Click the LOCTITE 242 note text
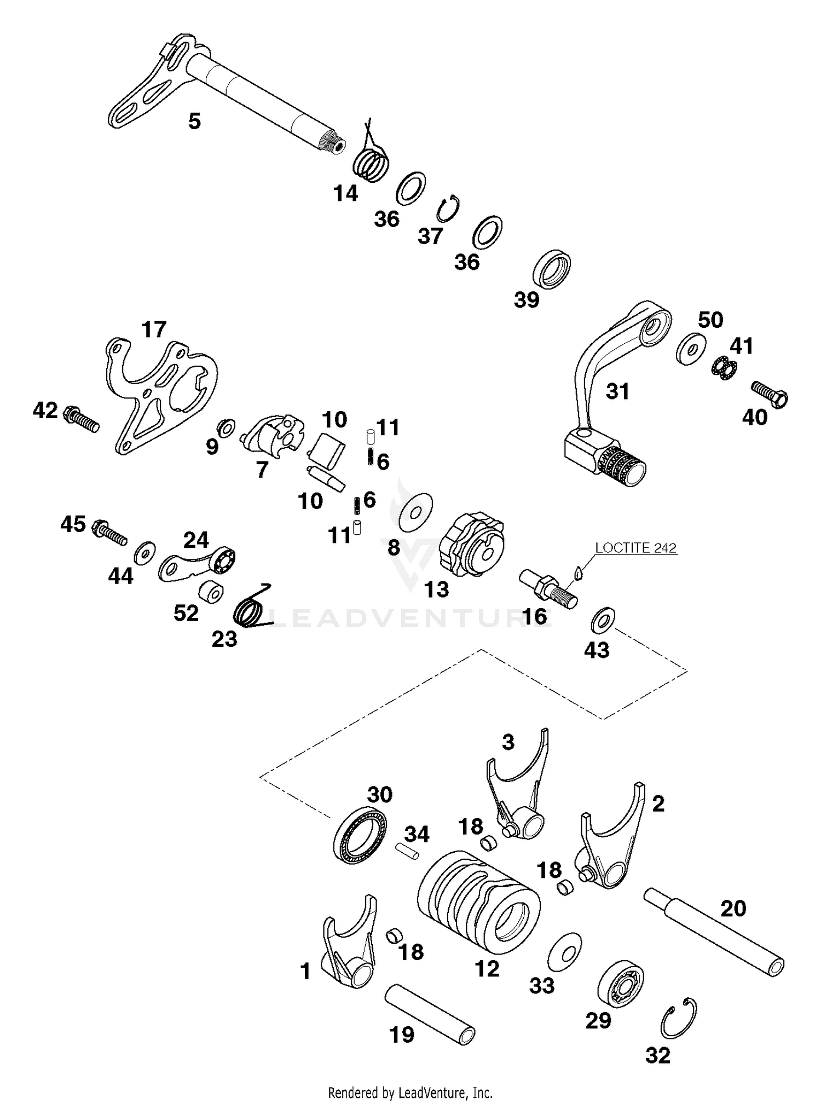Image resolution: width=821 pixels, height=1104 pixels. click(x=635, y=547)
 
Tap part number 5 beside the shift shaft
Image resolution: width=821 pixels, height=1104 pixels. click(x=194, y=121)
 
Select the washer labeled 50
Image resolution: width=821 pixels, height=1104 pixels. click(x=691, y=348)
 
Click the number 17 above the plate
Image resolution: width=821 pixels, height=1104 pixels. click(x=153, y=330)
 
